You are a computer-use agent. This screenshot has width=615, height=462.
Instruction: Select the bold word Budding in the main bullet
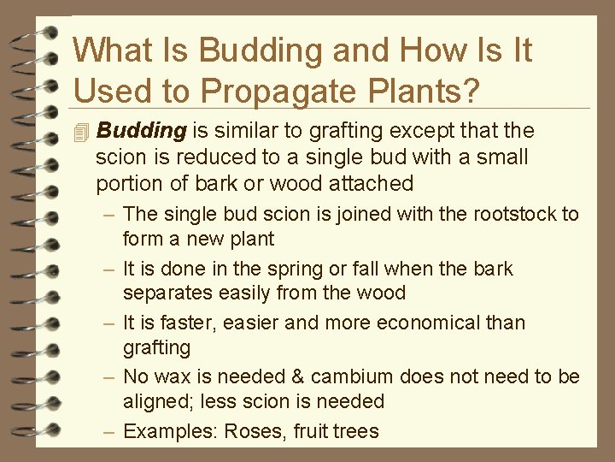(141, 131)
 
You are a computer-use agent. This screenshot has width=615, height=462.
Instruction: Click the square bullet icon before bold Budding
(81, 132)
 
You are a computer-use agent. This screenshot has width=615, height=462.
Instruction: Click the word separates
(166, 293)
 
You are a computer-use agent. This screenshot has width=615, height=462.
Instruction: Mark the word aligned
(155, 401)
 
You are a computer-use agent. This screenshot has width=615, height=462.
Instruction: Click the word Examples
(171, 430)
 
